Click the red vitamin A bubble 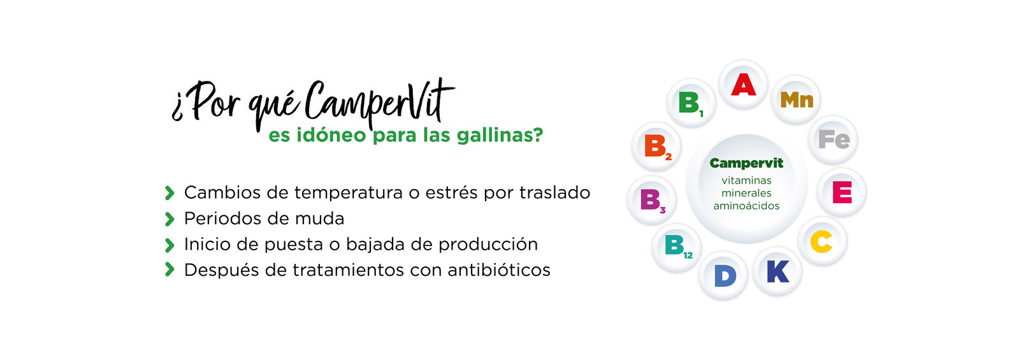pos(743,85)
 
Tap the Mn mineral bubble pos(796,100)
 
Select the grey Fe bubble pos(833,140)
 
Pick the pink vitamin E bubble pos(842,192)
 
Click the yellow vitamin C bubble pos(823,241)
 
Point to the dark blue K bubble pos(777,271)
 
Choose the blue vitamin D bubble pos(723,275)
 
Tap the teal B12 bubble pos(676,248)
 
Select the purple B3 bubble pos(652,201)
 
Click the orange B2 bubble pos(656,147)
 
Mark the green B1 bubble pos(691,103)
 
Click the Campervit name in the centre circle pos(746,163)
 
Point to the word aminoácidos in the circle pos(746,206)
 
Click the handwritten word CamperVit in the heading pos(380,103)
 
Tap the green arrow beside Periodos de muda pos(170,219)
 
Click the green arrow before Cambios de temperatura pos(170,193)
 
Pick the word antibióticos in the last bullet pos(499,270)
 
